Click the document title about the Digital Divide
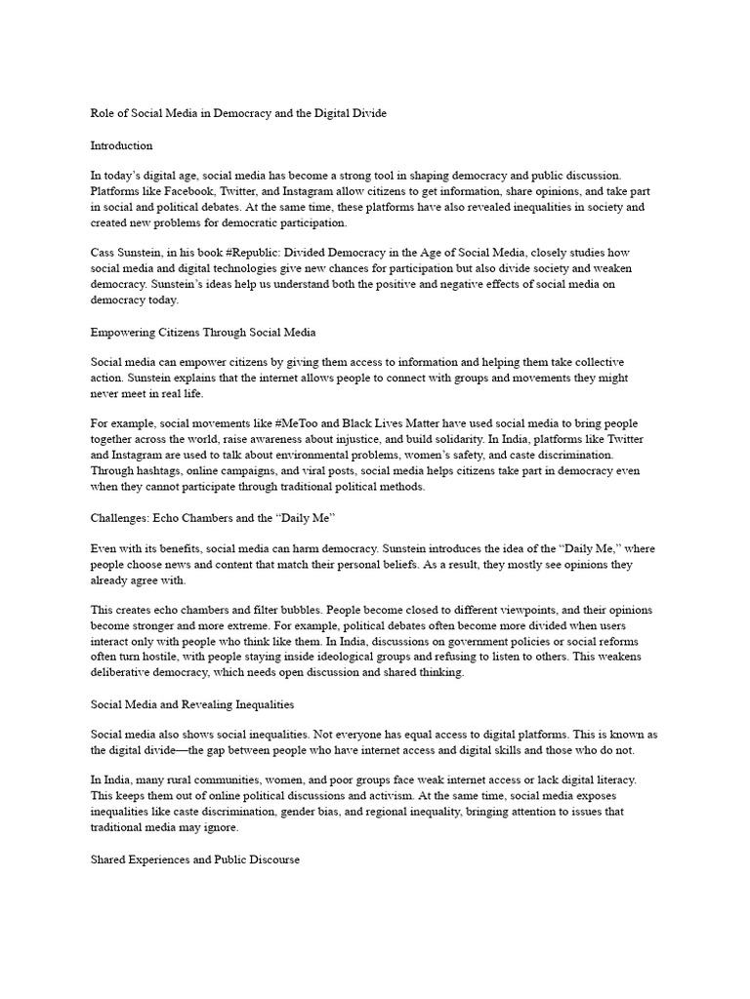coord(238,113)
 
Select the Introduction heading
coord(121,145)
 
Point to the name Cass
coord(104,254)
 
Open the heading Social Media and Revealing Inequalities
coord(206,704)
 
